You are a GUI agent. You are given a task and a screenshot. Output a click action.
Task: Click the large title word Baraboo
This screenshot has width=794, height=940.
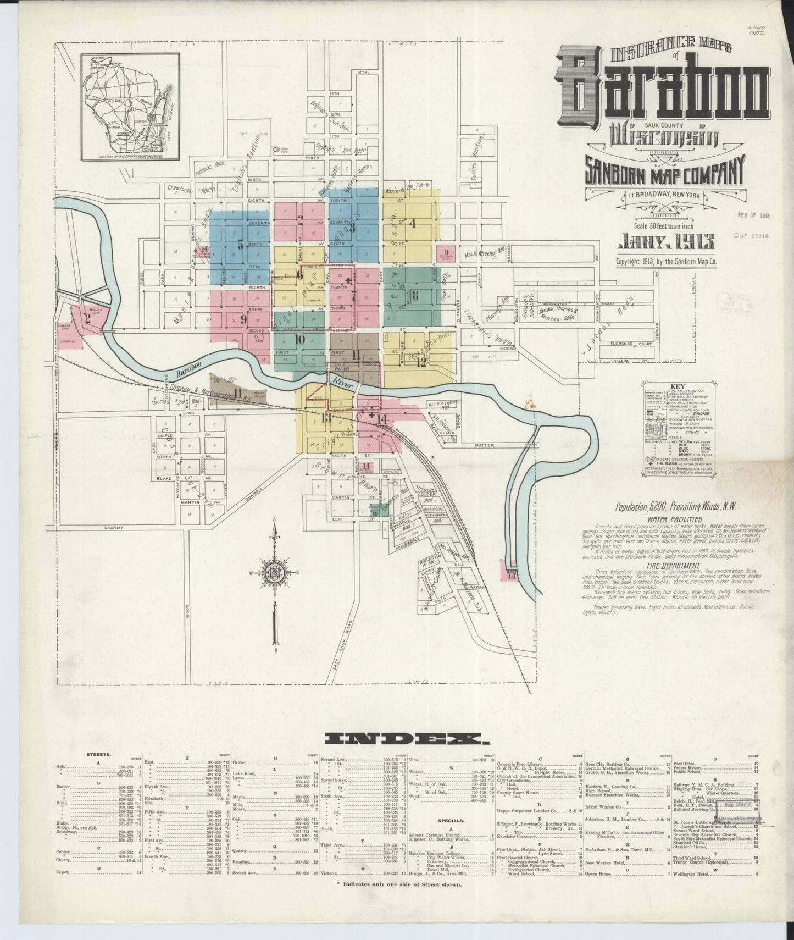coord(663,87)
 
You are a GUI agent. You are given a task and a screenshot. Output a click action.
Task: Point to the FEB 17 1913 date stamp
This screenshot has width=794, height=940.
coord(753,215)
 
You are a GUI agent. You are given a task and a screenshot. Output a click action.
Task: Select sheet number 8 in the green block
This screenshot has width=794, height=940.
coord(415,295)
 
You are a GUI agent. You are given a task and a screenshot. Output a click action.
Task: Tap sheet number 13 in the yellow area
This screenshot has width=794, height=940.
coord(325,418)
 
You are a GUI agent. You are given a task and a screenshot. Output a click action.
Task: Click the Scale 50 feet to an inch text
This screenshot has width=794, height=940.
coord(665,225)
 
